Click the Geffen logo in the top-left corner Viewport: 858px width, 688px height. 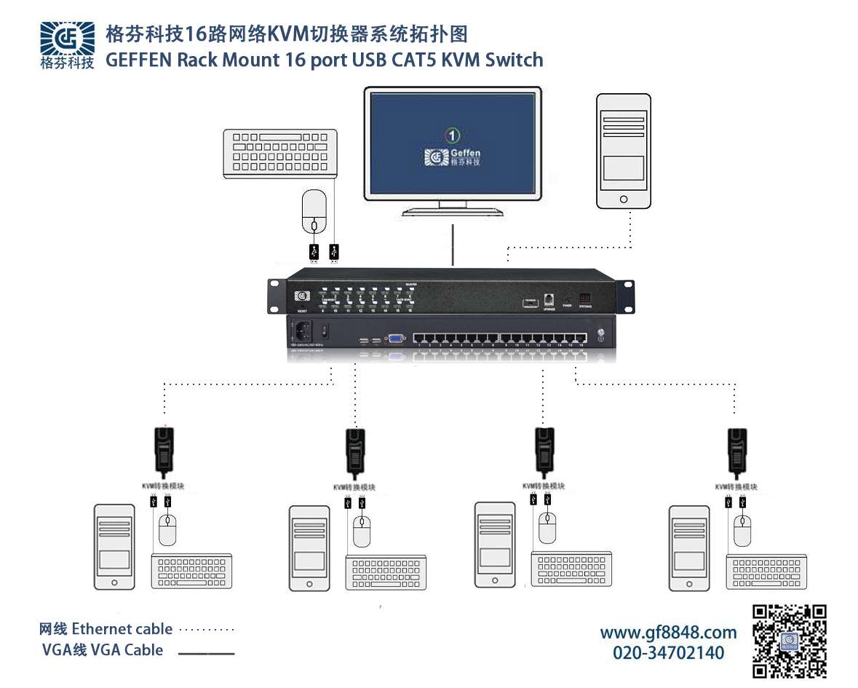point(67,44)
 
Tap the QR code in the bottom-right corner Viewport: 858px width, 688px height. point(790,641)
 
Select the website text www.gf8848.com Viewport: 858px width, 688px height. point(668,632)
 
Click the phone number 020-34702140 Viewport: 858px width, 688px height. point(668,652)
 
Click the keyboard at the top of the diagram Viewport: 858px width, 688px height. point(280,151)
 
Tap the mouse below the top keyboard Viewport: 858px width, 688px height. point(314,210)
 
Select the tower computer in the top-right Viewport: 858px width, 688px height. point(623,151)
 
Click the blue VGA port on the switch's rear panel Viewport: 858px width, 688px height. point(396,339)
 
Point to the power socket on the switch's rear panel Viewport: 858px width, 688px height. point(303,331)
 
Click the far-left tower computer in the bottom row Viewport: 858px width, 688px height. point(114,547)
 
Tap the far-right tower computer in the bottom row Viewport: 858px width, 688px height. point(688,548)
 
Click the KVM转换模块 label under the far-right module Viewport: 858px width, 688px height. point(736,486)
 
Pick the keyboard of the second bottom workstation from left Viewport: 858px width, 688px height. point(386,572)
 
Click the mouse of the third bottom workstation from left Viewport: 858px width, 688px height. point(547,527)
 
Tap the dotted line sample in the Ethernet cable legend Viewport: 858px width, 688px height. point(207,630)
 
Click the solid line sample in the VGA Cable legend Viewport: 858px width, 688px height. point(207,653)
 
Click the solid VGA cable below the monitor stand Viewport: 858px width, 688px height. point(453,244)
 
